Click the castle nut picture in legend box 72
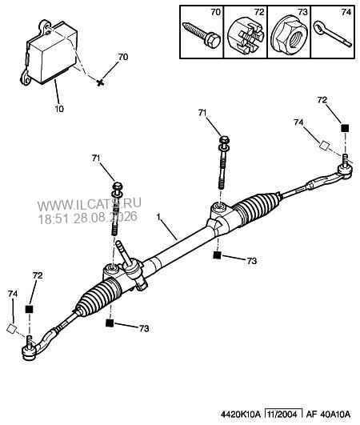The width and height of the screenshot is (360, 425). [x=246, y=37]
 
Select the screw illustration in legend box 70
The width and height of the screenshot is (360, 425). [x=202, y=35]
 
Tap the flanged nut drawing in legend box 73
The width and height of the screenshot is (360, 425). [x=290, y=34]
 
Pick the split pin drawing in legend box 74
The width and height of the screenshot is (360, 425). [x=333, y=34]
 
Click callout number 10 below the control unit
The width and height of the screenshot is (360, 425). [x=59, y=109]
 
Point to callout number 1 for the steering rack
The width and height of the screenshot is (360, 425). [x=159, y=217]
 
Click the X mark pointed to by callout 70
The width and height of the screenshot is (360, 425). [x=100, y=82]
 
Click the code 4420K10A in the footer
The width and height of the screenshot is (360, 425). [x=241, y=415]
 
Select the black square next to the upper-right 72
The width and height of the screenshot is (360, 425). [x=345, y=128]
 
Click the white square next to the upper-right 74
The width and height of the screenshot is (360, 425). [x=324, y=146]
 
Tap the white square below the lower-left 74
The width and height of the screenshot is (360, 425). [x=11, y=328]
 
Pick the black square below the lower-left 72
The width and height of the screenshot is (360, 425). [x=29, y=309]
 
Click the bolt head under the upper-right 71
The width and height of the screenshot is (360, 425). [x=225, y=139]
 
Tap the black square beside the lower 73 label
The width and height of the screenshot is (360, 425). [x=110, y=323]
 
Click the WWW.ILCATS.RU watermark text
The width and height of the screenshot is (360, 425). [x=90, y=204]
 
